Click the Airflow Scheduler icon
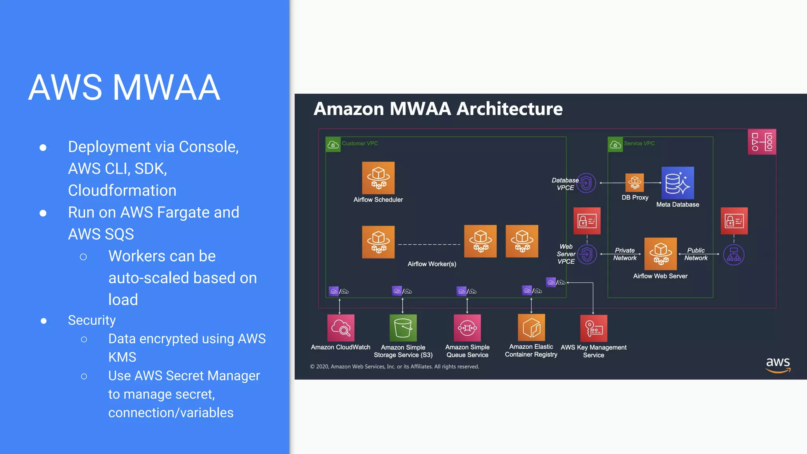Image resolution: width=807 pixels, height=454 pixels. coord(378,178)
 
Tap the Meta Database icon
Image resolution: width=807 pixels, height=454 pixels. coord(677,183)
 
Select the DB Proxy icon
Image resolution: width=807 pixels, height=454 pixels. coord(634,182)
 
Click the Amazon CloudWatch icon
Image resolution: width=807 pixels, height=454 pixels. coord(340,327)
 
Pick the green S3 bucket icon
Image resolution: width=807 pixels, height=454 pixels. coord(403,327)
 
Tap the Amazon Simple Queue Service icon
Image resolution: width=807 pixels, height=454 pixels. coord(467,327)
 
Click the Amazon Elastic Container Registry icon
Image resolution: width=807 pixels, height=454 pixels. coord(531,327)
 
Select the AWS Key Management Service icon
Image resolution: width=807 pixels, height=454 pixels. coord(593,328)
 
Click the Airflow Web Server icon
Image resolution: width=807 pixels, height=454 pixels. coord(660,254)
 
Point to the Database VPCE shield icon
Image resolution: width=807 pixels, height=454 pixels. coord(586,183)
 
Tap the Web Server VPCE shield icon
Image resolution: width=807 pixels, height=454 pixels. coord(587,254)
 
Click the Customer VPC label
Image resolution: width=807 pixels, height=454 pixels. coord(360,143)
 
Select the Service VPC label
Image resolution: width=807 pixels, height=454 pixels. coord(639,143)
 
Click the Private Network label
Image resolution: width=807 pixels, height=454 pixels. coord(625,254)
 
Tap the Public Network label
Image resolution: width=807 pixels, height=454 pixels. coord(696,254)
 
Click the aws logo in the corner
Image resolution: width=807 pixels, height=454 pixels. coord(778,365)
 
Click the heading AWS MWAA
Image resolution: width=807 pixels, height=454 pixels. coord(124,87)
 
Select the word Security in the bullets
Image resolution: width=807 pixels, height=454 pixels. coord(92,320)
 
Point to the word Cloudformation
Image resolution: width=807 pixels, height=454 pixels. coord(122,190)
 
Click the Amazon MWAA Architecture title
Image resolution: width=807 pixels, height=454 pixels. coord(438,109)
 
